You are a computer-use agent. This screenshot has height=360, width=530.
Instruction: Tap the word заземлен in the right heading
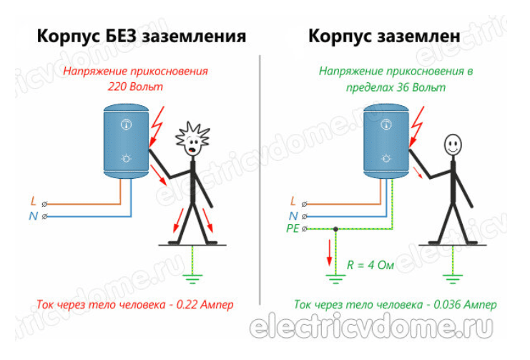click(x=431, y=36)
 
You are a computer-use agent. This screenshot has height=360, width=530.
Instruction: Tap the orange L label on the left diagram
click(x=34, y=203)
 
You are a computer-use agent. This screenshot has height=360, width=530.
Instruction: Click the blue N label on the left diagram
click(x=34, y=215)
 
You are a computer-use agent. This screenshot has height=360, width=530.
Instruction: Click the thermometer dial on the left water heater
click(x=127, y=125)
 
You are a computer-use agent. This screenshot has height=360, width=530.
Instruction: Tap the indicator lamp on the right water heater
click(x=387, y=158)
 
